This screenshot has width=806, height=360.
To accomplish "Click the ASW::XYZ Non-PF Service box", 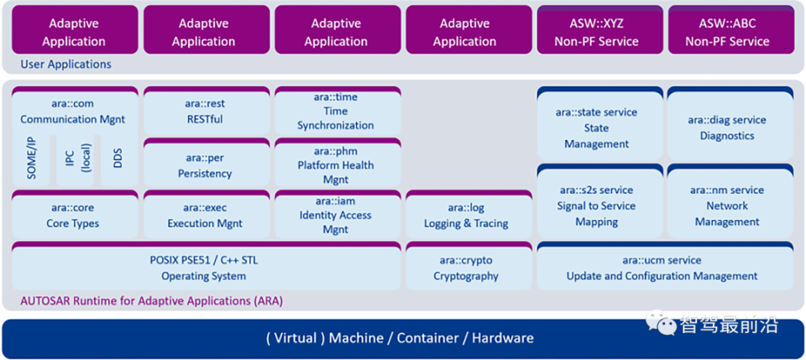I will click(x=596, y=32).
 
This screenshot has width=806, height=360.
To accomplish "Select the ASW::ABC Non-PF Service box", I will click(x=727, y=32).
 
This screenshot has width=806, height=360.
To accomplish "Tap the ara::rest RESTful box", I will click(x=205, y=112).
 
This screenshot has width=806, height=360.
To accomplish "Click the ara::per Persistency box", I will click(x=205, y=165).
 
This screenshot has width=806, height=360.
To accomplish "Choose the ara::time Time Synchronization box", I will click(x=335, y=112).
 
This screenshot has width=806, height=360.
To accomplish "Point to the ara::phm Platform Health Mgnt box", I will click(x=335, y=165).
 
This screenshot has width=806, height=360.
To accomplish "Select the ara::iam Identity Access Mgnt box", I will click(x=335, y=215).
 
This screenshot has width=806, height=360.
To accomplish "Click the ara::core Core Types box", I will click(x=73, y=216).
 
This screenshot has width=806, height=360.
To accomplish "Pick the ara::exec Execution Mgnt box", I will click(x=205, y=216).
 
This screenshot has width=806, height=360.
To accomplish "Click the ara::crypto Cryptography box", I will click(x=466, y=268).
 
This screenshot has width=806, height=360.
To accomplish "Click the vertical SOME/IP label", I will click(x=32, y=159).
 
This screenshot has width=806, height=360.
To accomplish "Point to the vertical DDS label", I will click(x=118, y=159).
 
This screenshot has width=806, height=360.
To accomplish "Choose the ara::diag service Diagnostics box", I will click(x=727, y=128).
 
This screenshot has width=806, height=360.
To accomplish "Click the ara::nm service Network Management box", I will click(x=727, y=206).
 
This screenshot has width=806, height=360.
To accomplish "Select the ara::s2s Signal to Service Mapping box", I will click(x=596, y=206).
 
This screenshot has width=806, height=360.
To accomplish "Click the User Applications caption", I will click(x=66, y=64).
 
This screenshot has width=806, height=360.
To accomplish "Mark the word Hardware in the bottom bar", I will click(x=502, y=338).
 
